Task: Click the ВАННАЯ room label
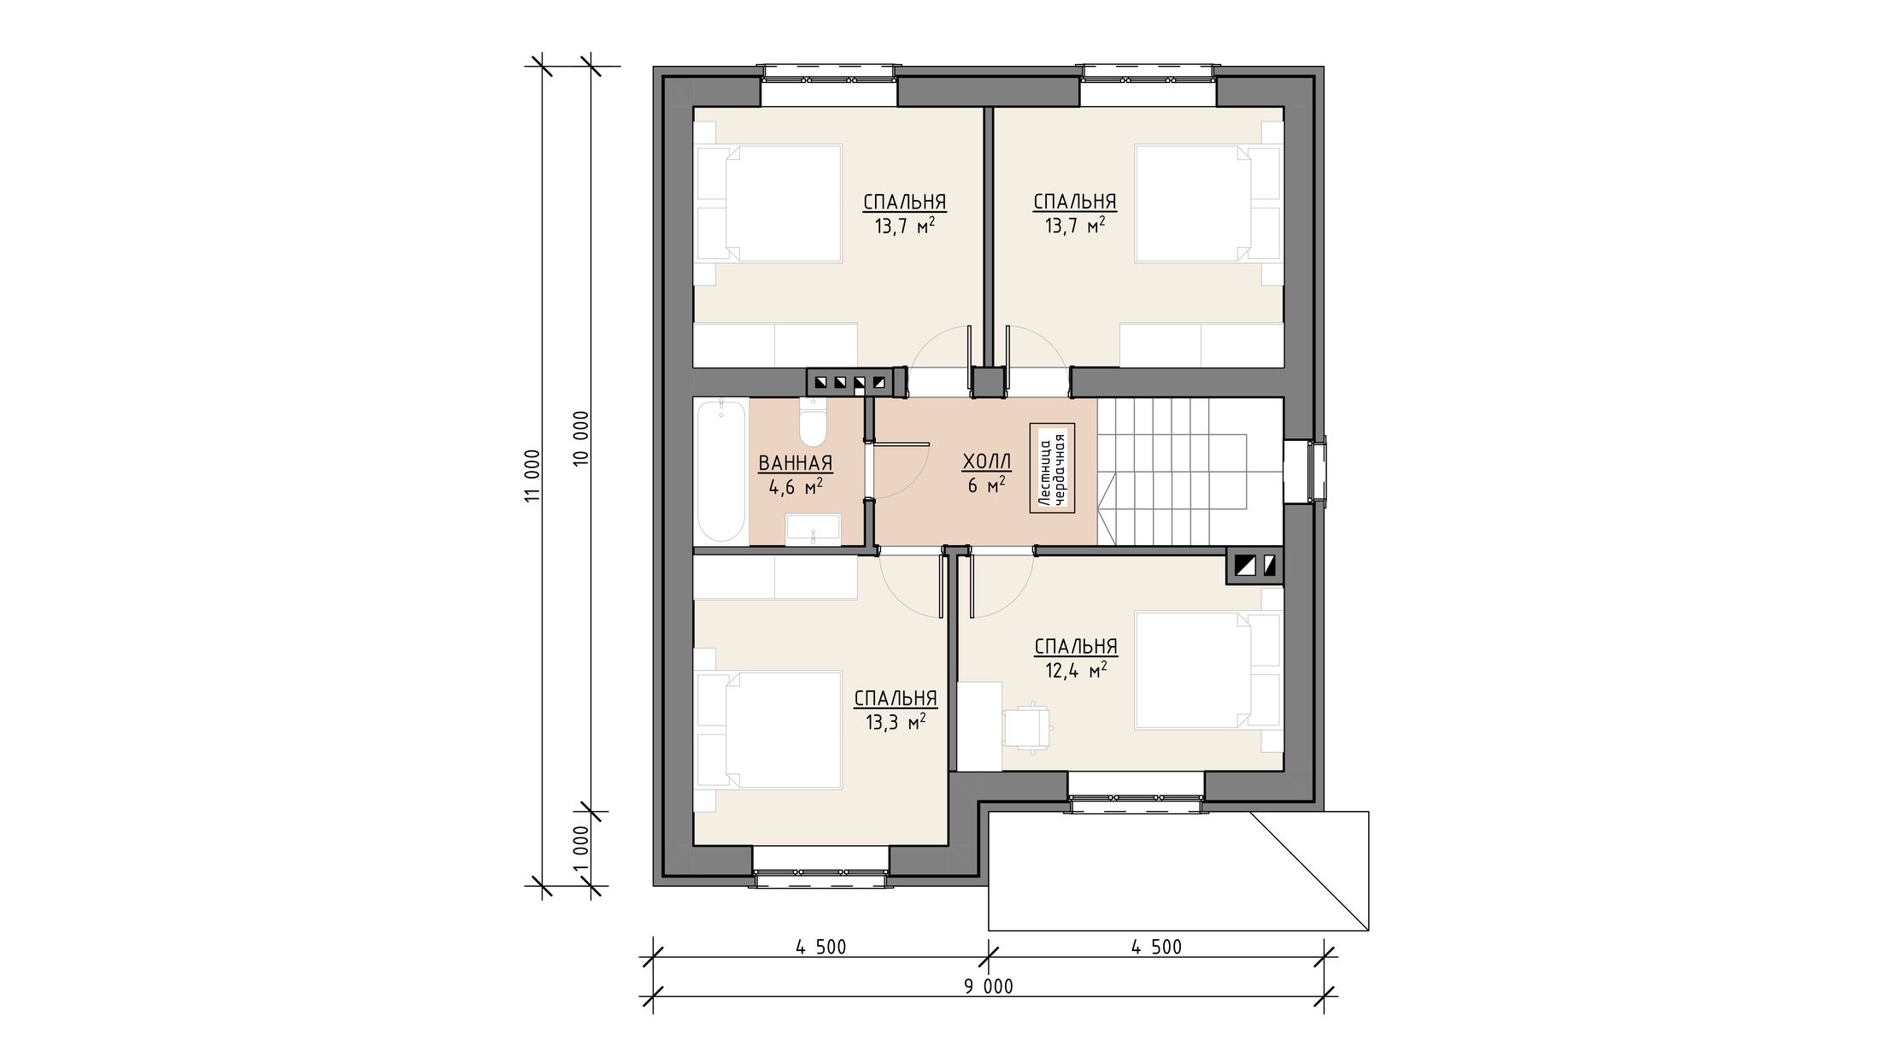click(796, 463)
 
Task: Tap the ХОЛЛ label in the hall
click(987, 462)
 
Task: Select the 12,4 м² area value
click(1076, 670)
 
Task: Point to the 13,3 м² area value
click(896, 722)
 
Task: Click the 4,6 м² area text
click(796, 487)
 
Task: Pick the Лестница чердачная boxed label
click(1051, 468)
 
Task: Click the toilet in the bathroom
click(812, 421)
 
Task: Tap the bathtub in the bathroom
click(721, 470)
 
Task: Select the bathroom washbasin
click(814, 529)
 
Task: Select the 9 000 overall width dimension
click(989, 987)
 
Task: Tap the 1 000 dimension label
click(581, 847)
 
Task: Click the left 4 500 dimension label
click(820, 947)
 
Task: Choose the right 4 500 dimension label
click(1156, 947)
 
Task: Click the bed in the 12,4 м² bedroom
click(1208, 670)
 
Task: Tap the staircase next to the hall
click(1190, 471)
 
